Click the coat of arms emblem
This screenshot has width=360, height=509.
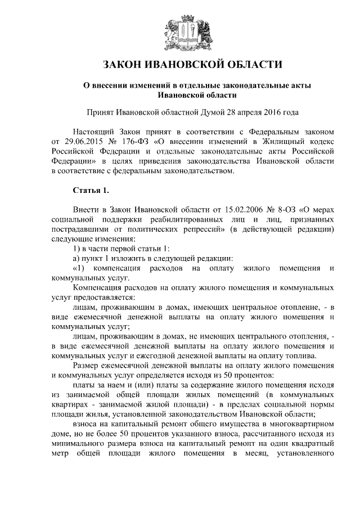(179, 31)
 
